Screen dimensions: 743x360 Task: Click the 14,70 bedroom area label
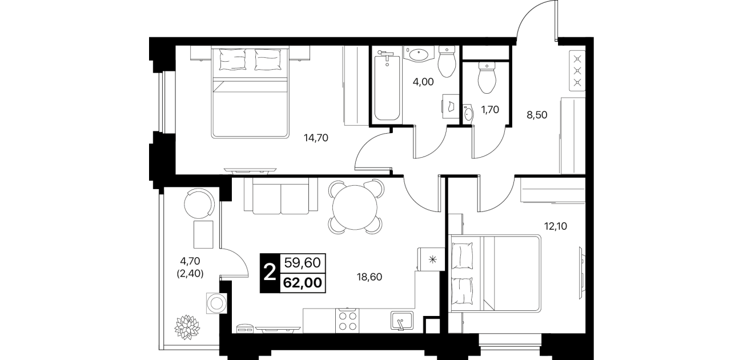316,138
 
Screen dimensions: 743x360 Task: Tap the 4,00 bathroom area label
423,82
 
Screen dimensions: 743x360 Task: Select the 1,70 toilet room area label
490,110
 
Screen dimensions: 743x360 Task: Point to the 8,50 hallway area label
537,115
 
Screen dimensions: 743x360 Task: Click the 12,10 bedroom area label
556,226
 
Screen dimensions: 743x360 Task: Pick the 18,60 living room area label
369,277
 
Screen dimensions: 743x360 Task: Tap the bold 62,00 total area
303,283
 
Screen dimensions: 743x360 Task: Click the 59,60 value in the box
303,263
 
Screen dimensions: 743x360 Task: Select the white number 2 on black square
270,273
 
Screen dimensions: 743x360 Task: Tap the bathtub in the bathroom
387,87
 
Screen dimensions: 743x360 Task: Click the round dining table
355,207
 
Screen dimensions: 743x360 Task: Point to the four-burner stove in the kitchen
347,321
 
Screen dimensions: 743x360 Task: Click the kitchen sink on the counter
401,321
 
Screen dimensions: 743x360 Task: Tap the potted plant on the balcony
187,327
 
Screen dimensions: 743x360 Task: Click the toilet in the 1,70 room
487,78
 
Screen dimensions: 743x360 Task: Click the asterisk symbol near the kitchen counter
432,259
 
